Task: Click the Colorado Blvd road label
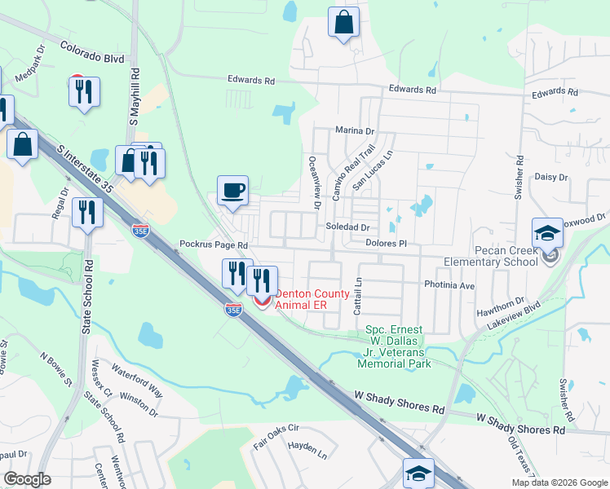tap(91, 59)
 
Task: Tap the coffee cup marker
tap(232, 191)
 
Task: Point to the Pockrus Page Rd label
tap(213, 244)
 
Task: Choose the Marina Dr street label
tap(354, 130)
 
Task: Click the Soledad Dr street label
tap(348, 227)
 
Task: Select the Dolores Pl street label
tap(386, 243)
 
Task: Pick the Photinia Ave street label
tap(449, 286)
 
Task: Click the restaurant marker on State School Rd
tap(86, 214)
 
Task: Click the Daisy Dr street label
tap(550, 177)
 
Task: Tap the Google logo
tap(27, 479)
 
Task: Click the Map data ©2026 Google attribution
tap(559, 482)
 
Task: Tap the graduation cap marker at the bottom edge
tap(418, 473)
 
